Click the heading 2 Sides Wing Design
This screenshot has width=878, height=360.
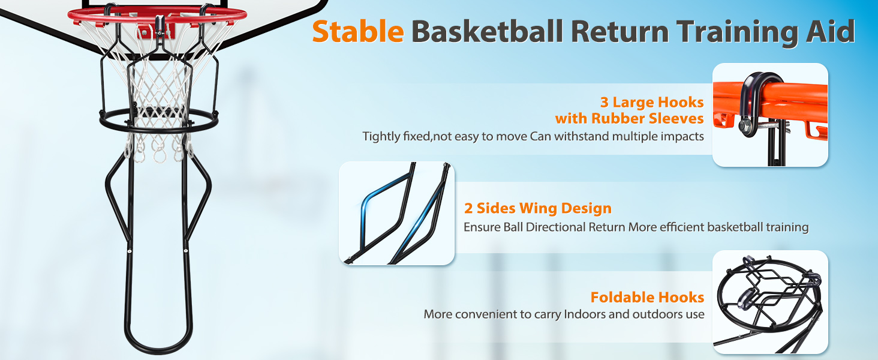(538, 208)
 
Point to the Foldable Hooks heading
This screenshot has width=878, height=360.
(647, 297)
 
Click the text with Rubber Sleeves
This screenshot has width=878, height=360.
(629, 118)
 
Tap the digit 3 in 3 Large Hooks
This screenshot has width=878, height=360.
(605, 103)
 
